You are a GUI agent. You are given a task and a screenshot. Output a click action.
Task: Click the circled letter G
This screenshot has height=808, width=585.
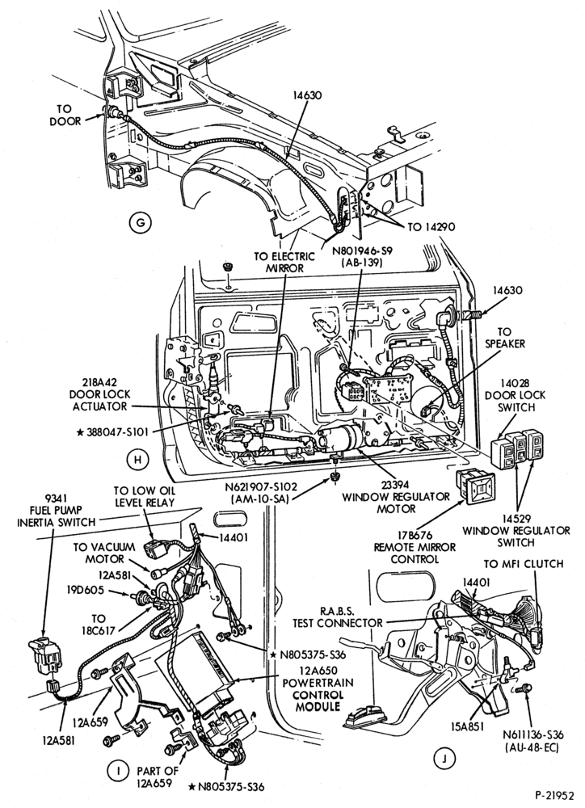(139, 223)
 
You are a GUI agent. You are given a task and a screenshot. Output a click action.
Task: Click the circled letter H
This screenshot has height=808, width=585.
(137, 461)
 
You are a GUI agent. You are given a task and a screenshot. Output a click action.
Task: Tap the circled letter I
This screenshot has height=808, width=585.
(118, 771)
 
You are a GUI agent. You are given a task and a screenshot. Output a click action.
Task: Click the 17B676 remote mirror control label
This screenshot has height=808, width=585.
(415, 547)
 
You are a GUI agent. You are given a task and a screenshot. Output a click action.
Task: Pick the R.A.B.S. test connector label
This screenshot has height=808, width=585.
(338, 617)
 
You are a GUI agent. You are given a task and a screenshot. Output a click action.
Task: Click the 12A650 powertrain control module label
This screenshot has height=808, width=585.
(318, 688)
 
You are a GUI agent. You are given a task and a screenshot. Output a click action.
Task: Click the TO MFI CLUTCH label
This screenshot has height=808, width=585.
(523, 564)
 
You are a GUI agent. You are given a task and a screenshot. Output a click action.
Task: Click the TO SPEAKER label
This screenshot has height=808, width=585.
(504, 338)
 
